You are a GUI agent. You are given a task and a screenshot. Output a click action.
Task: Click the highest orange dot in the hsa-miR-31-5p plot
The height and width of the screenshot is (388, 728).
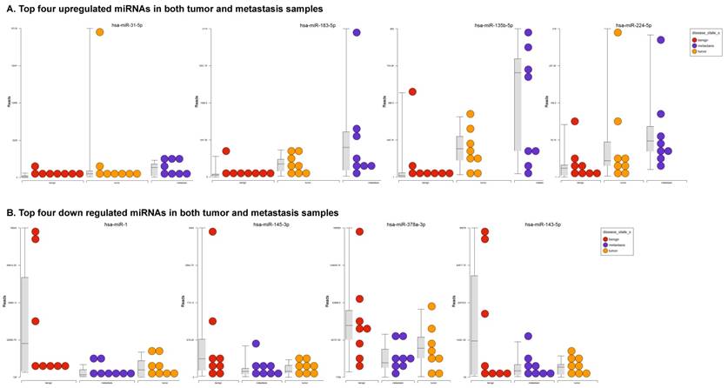(x=100, y=32)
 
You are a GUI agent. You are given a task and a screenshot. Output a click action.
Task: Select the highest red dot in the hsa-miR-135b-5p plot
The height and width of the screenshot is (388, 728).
(x=411, y=91)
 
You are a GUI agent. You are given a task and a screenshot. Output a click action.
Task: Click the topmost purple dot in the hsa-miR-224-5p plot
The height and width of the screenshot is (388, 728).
(x=660, y=40)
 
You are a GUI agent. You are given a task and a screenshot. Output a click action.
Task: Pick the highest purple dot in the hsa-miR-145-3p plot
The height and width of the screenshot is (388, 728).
(x=256, y=344)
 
